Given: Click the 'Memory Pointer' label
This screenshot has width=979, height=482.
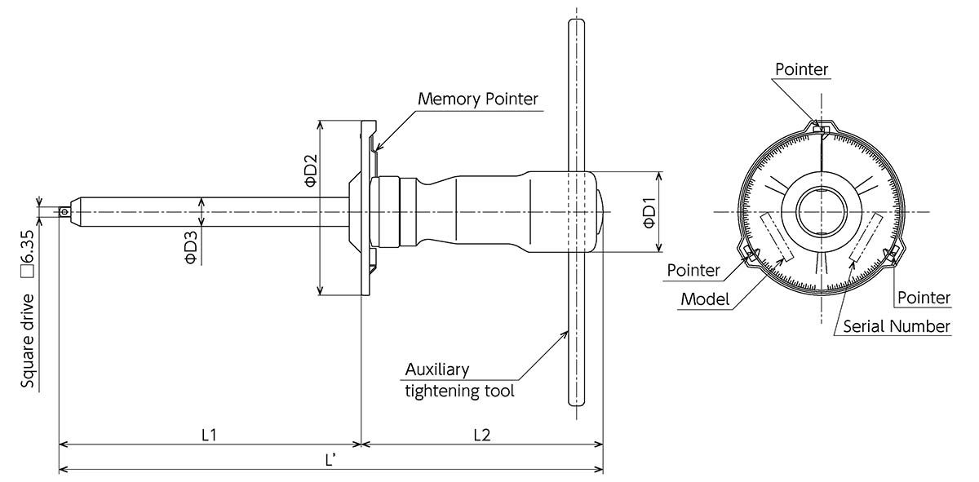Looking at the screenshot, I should (x=478, y=99).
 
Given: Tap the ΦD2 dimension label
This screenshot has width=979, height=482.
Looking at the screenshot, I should (x=311, y=171).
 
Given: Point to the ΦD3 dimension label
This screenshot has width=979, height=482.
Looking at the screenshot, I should (x=189, y=247).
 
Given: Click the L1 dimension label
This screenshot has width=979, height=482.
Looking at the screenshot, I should (x=209, y=434).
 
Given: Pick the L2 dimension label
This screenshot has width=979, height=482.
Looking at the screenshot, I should (x=481, y=434).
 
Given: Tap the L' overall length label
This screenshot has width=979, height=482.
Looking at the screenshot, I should (x=330, y=460).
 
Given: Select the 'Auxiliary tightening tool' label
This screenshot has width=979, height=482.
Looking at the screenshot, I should (x=459, y=380).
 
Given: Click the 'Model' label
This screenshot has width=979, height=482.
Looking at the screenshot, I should (x=705, y=298).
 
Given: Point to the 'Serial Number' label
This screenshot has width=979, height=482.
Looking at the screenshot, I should (x=896, y=326).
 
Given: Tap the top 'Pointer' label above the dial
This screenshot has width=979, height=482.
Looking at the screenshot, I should (x=801, y=69).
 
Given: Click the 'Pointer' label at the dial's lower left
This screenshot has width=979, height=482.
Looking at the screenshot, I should (x=693, y=270).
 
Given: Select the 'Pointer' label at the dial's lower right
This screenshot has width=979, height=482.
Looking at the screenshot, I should (x=924, y=298).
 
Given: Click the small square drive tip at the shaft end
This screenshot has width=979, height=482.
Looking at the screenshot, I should (x=64, y=212).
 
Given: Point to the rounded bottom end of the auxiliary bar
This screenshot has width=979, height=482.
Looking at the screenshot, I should (x=577, y=400).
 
